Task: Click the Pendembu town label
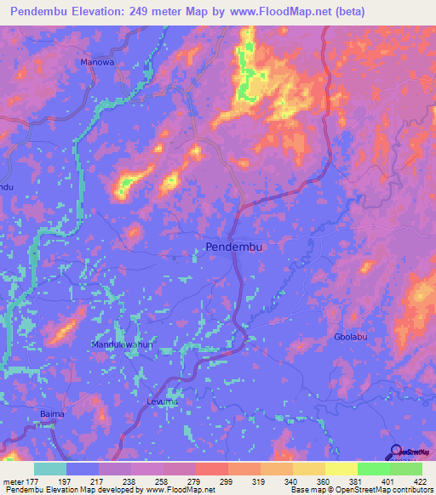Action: pos(235,247)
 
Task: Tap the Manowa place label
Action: pos(96,63)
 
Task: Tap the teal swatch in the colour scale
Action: pos(50,469)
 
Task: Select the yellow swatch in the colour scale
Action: pos(341,469)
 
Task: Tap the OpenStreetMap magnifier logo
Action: pos(397,452)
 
